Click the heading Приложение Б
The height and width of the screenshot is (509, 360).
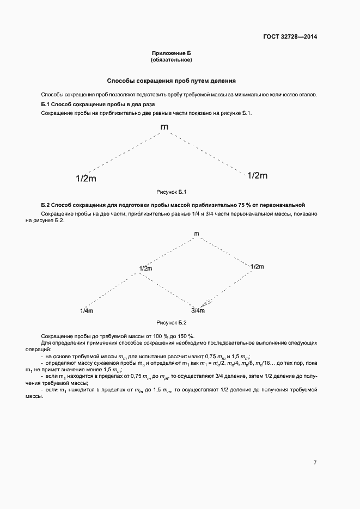172,53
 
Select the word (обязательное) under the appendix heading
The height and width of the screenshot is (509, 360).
172,59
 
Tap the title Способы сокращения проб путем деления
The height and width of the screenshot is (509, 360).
171,81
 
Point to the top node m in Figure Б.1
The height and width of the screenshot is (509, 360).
164,127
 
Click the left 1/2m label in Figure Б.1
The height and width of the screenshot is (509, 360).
86,179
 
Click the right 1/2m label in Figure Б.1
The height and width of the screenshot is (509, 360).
257,175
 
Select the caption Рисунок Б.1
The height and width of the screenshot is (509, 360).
172,192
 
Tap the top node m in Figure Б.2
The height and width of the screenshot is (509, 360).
197,234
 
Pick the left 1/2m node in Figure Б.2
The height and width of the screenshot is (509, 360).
145,268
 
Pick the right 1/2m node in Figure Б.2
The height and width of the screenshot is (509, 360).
257,266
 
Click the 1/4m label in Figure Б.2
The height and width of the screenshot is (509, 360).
87,310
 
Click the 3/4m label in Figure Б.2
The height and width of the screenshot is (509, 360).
198,310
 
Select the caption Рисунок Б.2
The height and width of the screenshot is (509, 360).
172,322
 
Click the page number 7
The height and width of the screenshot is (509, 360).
315,462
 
